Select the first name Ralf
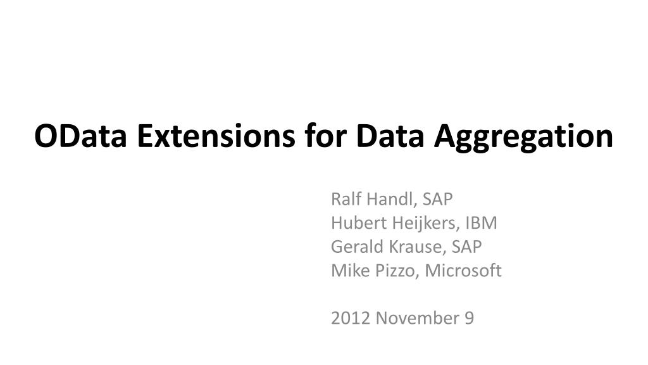point(344,199)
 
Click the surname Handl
point(390,199)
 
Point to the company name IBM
point(482,223)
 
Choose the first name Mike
point(346,271)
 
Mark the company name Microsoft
point(463,271)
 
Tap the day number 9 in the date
point(468,318)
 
